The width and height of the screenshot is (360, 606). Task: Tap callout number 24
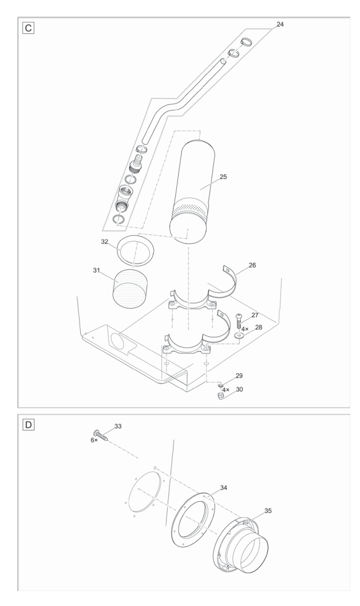279,25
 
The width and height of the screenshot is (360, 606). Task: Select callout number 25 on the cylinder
223,177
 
